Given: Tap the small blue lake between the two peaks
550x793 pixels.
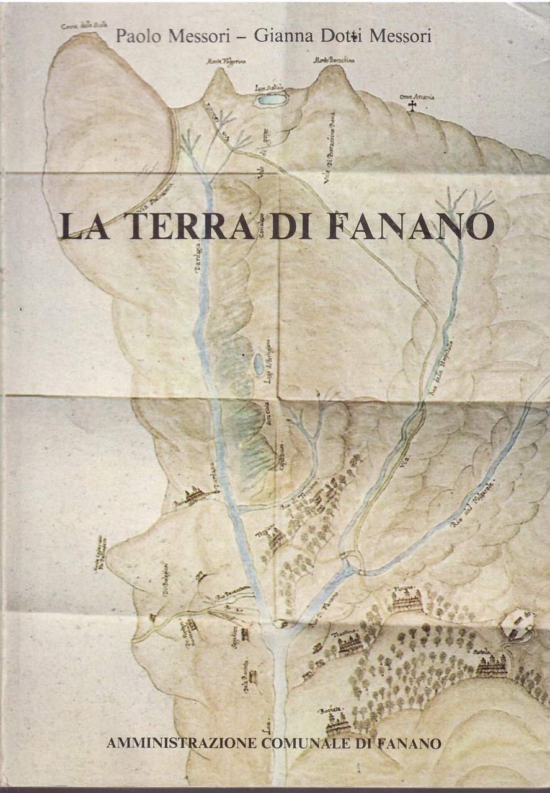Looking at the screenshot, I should (272, 99).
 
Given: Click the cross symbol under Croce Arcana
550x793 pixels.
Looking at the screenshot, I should (412, 107).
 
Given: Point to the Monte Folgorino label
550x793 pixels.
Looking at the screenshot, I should (221, 61).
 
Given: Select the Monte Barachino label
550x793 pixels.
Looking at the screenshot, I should (332, 60).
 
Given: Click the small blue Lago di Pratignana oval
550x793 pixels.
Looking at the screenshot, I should (258, 364).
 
